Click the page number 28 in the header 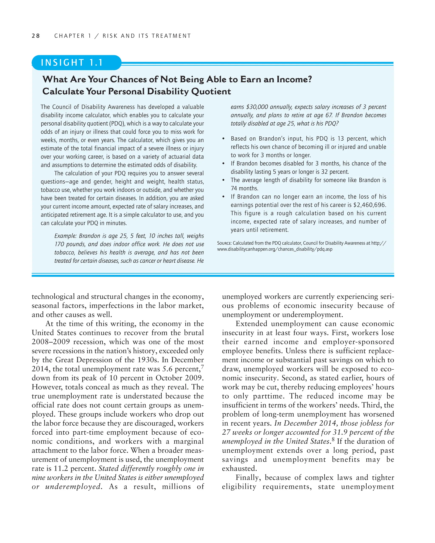pyautogui.click(x=36, y=36)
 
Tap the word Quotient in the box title pyautogui.click(x=211, y=91)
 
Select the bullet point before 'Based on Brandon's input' pyautogui.click(x=223, y=139)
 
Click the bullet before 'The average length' pyautogui.click(x=223, y=180)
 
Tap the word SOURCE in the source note pyautogui.click(x=224, y=243)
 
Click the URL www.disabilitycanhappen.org pyautogui.click(x=275, y=249)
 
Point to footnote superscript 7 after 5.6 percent pyautogui.click(x=202, y=367)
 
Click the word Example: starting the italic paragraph pyautogui.click(x=65, y=236)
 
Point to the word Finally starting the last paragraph pyautogui.click(x=249, y=477)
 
